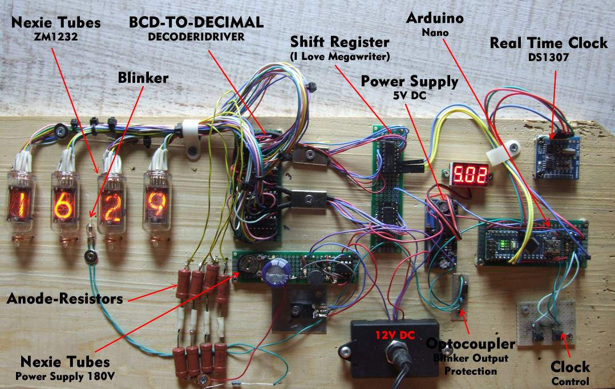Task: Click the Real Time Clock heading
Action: click(548, 43)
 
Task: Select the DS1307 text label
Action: click(548, 57)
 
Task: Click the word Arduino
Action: click(434, 19)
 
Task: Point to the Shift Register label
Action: click(339, 42)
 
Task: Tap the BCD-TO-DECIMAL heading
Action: click(197, 22)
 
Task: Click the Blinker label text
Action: click(143, 78)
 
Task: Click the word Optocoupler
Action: click(471, 344)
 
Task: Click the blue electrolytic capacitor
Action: click(278, 269)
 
